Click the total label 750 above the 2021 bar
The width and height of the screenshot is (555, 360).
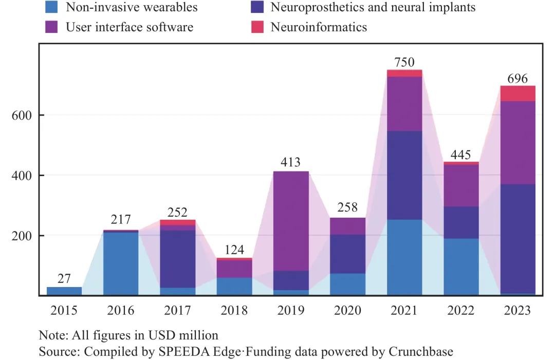[x=404, y=62]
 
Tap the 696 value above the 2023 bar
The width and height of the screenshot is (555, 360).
[x=517, y=79]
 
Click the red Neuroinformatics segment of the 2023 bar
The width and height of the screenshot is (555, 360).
[x=517, y=93]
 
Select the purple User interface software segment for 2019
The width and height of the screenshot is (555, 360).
[x=291, y=221]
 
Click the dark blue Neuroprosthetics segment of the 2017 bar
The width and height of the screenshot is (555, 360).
[x=178, y=259]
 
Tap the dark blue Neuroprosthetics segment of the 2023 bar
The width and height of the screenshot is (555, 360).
[x=517, y=239]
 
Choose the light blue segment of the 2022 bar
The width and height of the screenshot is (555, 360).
[x=461, y=267]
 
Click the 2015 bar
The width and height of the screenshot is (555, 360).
[x=64, y=291]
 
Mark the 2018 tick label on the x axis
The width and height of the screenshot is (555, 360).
[x=234, y=311]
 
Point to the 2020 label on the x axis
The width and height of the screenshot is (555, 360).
[x=347, y=311]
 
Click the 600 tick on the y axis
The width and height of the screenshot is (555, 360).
[x=22, y=116]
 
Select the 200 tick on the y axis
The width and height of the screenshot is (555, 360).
[x=22, y=236]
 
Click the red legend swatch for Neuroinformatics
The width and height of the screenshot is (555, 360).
[x=257, y=27]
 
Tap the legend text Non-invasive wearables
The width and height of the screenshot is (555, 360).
[x=132, y=7]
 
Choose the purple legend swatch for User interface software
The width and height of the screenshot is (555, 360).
[x=52, y=27]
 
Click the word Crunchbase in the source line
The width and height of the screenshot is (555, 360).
[x=421, y=352]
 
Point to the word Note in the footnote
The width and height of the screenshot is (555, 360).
[x=51, y=335]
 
